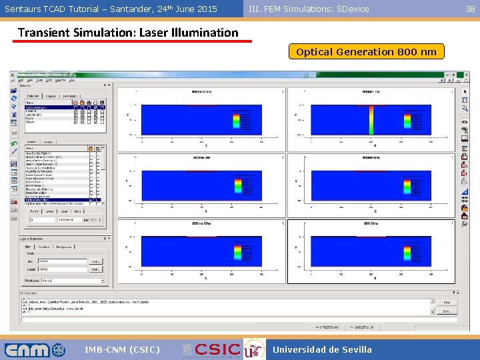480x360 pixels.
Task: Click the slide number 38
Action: pos(470,9)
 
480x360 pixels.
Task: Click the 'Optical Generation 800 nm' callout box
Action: pos(366,52)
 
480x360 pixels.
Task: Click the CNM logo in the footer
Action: pos(35,349)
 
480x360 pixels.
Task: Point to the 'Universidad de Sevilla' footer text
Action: pos(323,349)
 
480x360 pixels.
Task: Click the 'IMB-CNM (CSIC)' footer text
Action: pos(122,349)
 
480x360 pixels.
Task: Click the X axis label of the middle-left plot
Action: pos(205,211)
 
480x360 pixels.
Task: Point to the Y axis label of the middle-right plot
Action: pos(295,181)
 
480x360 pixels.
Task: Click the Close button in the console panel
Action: pos(446,302)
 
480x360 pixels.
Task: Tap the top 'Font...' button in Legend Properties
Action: pos(95,261)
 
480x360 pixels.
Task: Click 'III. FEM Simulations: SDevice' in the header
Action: pos(308,9)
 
